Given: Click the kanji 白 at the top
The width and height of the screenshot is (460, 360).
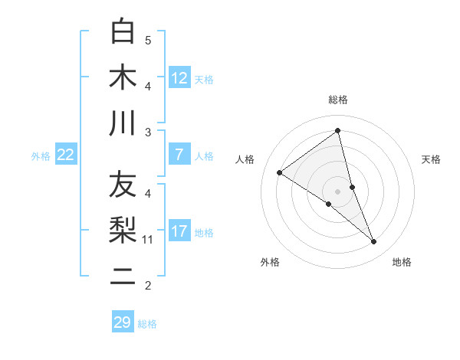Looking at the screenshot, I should pos(123,31).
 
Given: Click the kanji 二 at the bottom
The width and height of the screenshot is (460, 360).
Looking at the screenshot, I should pos(123,276).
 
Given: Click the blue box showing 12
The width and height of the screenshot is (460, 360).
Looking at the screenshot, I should pos(179,77).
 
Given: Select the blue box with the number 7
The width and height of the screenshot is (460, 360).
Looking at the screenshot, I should pos(179,155).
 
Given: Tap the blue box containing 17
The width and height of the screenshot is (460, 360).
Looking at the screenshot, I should pos(179,231).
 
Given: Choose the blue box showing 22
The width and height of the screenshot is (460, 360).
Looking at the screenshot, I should pos(66,155).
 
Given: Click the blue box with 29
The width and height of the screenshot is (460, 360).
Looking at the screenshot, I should pos(123,322).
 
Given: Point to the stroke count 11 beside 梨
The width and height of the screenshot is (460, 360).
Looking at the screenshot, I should pos(148,240).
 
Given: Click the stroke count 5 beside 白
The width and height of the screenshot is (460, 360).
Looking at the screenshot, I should pos(148,40).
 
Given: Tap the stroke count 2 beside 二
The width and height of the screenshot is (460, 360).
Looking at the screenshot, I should pos(148,286).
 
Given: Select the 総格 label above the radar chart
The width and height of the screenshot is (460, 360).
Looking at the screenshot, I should pos(338,100).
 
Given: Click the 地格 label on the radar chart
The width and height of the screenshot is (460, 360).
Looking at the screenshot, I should pos(402,262).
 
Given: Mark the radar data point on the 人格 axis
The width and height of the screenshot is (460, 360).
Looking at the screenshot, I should pos(279,172).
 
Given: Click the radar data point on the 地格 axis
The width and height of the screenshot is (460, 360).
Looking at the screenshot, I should pos(374,242).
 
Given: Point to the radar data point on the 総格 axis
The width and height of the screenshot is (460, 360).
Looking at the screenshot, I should pos(338,130).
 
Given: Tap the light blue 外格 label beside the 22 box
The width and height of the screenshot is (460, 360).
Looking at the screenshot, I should pos(41,155).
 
